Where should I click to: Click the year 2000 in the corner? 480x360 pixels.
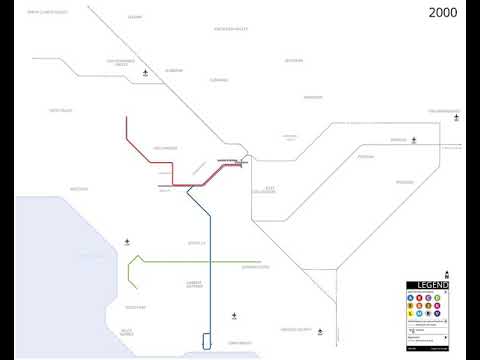pyautogui.click(x=445, y=13)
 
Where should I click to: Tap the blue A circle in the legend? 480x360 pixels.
pyautogui.click(x=411, y=298)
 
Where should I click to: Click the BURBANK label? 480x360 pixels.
pyautogui.click(x=175, y=71)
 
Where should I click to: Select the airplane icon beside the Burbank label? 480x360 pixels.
pyautogui.click(x=147, y=72)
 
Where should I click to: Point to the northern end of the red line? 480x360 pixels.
pyautogui.click(x=127, y=118)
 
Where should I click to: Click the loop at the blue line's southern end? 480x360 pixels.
pyautogui.click(x=207, y=341)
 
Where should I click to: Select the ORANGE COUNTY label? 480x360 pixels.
pyautogui.click(x=296, y=328)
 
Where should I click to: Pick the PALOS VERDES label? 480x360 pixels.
pyautogui.click(x=127, y=332)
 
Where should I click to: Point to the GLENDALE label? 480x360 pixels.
pyautogui.click(x=219, y=80)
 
